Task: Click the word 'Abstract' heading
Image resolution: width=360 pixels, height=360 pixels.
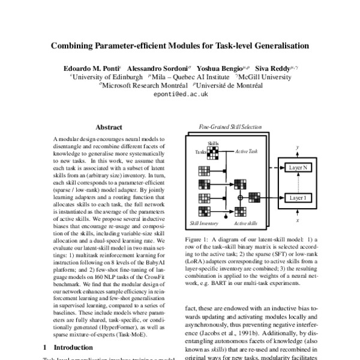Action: [x=109, y=127]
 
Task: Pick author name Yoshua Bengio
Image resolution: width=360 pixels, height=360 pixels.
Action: [x=220, y=68]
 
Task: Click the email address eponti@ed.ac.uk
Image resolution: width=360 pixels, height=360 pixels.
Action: [x=180, y=95]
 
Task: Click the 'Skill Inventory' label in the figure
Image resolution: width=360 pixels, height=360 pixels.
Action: [x=205, y=223]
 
